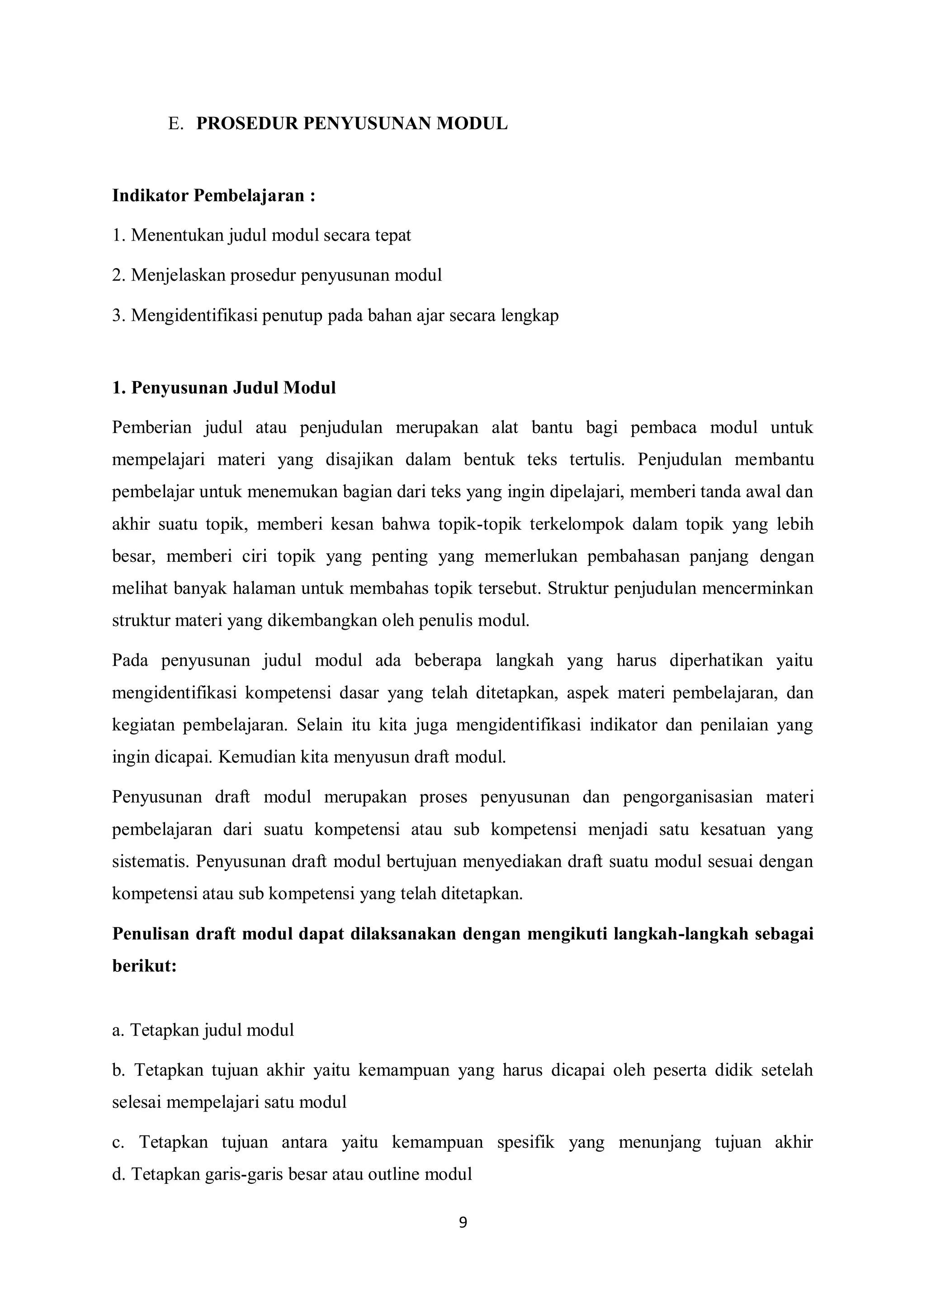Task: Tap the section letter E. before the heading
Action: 175,124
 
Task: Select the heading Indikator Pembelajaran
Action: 214,196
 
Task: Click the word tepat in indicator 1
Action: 392,235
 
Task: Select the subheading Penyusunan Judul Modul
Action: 224,388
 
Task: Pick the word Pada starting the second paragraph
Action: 130,660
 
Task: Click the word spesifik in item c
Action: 525,1142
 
